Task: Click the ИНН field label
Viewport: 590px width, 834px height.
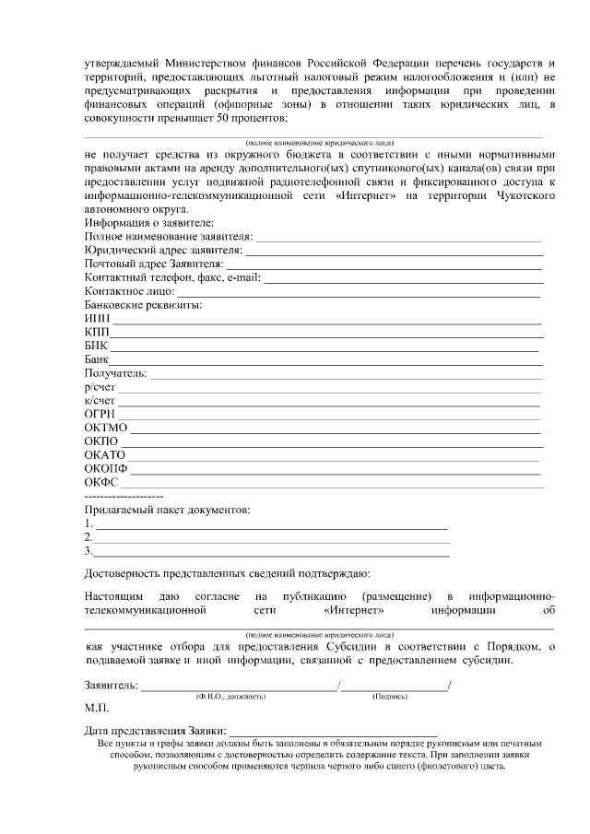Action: (96, 318)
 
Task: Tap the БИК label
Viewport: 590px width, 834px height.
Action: (95, 346)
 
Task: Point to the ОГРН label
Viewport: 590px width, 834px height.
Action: (99, 415)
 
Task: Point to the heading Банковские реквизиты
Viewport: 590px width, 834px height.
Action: (143, 304)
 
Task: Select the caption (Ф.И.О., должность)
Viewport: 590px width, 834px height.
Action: (230, 696)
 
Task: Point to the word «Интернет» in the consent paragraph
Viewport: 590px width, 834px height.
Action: (355, 610)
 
